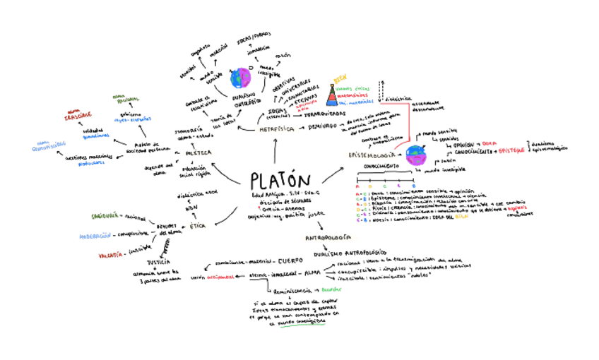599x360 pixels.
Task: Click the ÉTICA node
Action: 198,225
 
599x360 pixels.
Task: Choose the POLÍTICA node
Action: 196,152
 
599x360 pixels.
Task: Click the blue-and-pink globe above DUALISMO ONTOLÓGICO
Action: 241,77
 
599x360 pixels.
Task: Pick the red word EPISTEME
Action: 512,151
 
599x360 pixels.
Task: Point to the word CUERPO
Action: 291,259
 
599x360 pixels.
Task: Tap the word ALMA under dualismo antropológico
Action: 309,273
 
